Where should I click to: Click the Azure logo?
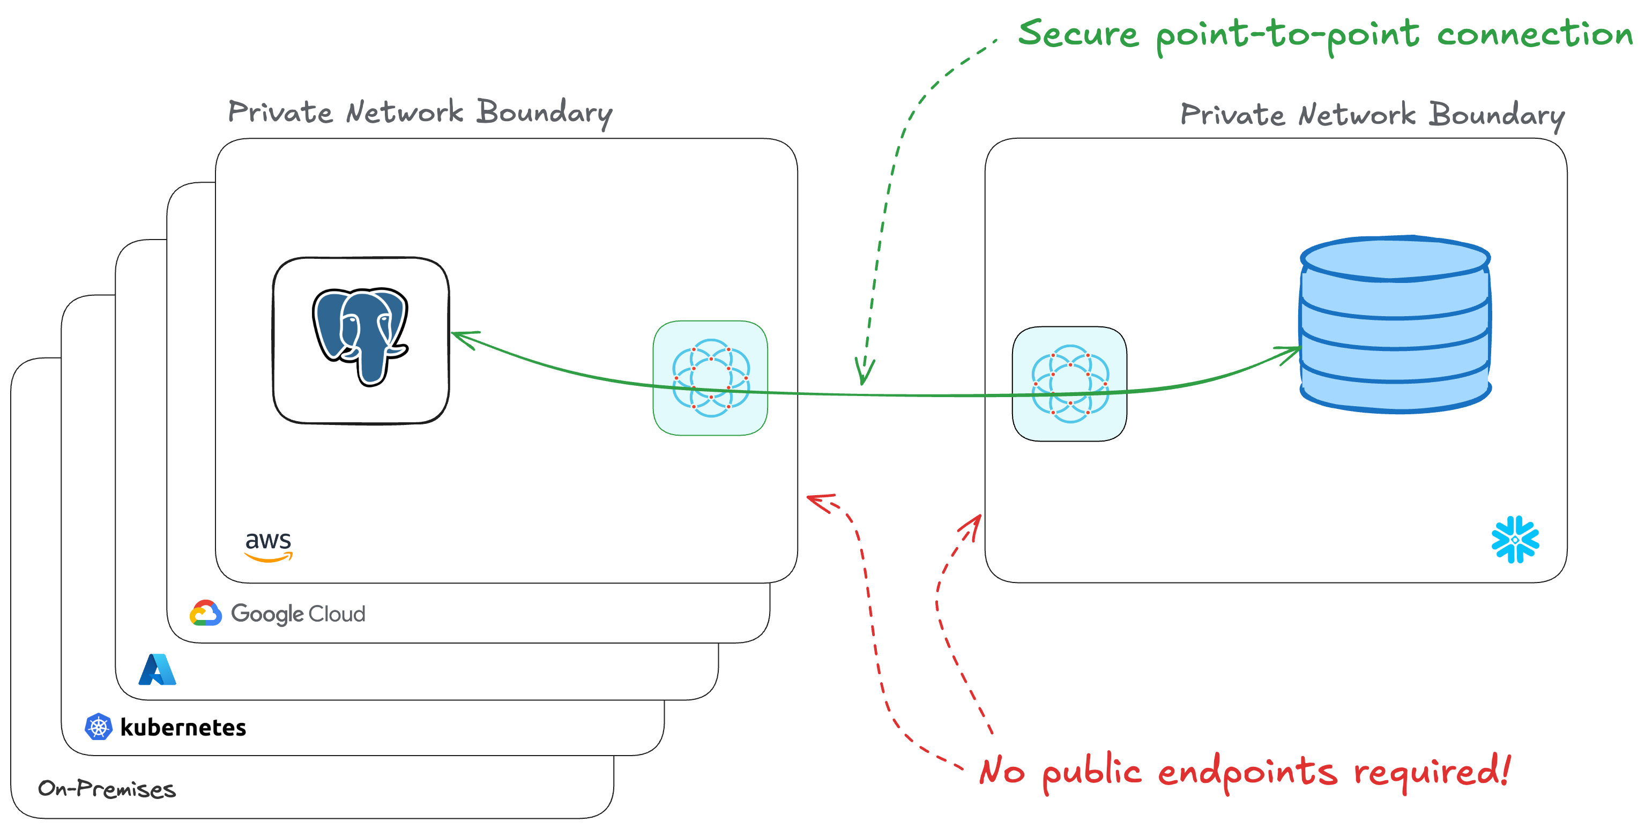click(157, 669)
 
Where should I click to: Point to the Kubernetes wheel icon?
click(98, 726)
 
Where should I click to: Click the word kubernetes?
click(183, 727)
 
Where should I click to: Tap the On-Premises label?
click(107, 789)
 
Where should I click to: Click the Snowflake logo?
click(1515, 539)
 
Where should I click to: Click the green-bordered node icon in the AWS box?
click(710, 378)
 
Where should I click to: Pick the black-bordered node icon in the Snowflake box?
click(1070, 384)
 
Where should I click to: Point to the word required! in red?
click(1432, 772)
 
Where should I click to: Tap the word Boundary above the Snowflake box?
click(1496, 116)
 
